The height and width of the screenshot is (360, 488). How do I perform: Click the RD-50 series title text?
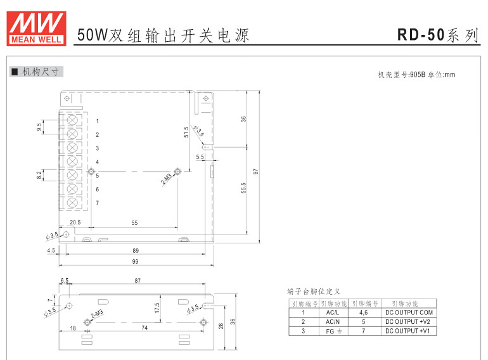[x=437, y=35]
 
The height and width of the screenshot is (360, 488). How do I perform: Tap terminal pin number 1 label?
[x=97, y=120]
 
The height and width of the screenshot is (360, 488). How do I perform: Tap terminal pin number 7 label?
[x=97, y=203]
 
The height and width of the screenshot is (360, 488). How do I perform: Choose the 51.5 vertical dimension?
[x=186, y=132]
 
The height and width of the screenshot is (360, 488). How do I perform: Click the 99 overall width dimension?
[x=136, y=262]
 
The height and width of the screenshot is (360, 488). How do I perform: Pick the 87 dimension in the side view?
[x=138, y=280]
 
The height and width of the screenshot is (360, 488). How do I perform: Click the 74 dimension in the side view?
[x=144, y=328]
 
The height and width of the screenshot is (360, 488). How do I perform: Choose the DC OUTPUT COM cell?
[x=409, y=312]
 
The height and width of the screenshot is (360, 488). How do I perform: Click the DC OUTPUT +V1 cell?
[x=409, y=331]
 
